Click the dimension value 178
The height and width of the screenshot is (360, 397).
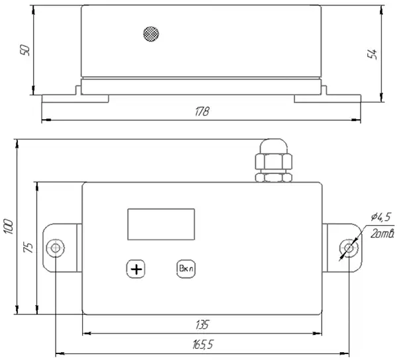(x=202, y=111)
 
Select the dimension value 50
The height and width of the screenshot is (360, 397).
(x=25, y=50)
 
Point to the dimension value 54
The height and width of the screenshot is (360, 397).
(x=372, y=54)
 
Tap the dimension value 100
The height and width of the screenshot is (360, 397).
(x=9, y=226)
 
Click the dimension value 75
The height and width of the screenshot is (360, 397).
(x=28, y=247)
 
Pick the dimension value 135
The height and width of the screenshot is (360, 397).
(x=202, y=325)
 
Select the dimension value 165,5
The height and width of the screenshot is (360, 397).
(x=203, y=345)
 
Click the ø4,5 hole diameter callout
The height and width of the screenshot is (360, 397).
(x=381, y=217)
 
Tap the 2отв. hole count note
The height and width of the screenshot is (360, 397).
(x=382, y=234)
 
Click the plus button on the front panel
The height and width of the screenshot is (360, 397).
(x=136, y=269)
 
